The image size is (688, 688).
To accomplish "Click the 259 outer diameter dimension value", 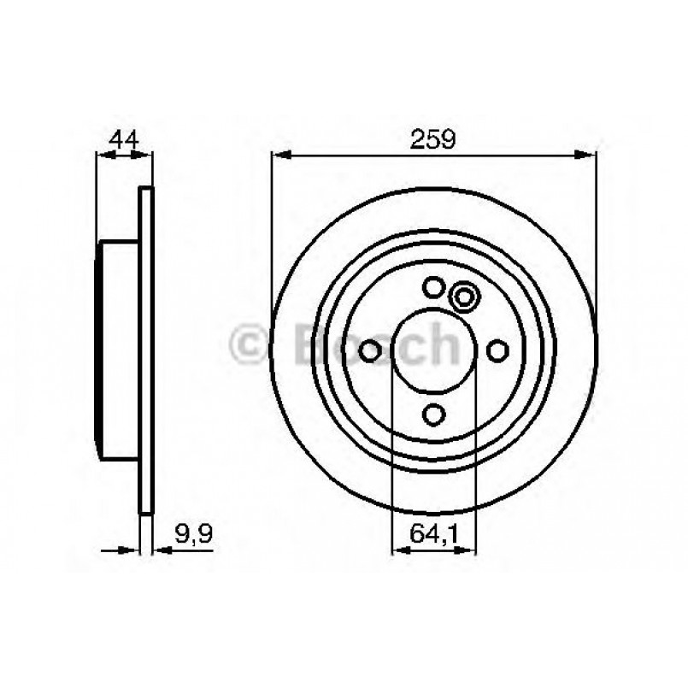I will coord(434,138).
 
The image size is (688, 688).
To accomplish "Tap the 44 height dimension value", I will coord(124,138).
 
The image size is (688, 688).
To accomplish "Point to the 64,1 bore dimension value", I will coord(434,535).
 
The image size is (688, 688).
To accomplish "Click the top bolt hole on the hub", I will coord(434,288).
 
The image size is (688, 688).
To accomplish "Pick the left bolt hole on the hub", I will coord(371,350).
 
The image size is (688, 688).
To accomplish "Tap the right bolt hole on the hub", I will coord(497,350).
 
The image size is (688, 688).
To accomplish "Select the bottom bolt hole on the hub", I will coord(434,414).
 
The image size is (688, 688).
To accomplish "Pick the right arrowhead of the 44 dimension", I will coord(146,155).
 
